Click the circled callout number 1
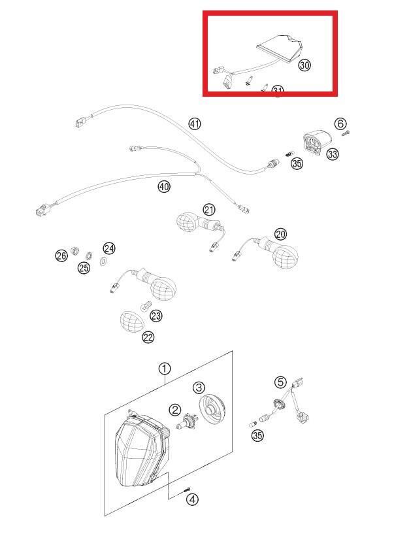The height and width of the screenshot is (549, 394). tap(164, 369)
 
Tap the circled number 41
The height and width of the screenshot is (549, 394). tap(194, 124)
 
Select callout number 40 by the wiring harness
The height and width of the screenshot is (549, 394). tap(163, 187)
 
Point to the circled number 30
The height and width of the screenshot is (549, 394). tap(304, 65)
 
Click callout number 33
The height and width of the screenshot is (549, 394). tap(333, 154)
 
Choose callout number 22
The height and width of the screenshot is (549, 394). tap(148, 337)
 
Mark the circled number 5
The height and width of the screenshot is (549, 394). tap(280, 382)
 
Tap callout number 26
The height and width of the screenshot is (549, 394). tap(61, 256)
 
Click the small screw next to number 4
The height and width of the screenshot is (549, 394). tap(188, 489)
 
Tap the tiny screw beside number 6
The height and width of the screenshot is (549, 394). tap(346, 135)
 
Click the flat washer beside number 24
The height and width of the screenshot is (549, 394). tap(104, 261)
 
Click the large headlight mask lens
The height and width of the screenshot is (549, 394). tap(138, 450)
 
